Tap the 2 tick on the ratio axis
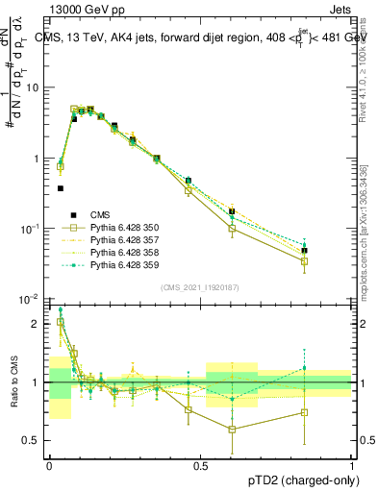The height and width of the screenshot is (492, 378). click(37, 324)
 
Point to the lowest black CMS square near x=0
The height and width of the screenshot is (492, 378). click(60, 188)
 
